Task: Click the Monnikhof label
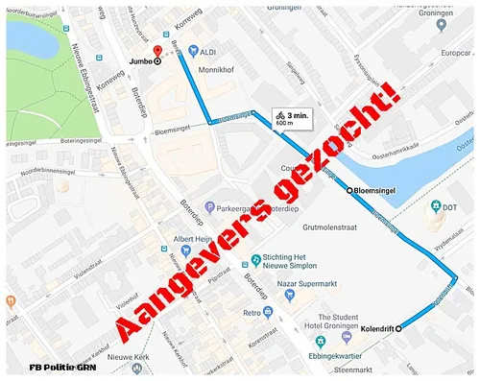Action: point(217,70)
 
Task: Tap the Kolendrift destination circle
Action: point(398,327)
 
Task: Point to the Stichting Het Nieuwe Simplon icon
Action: point(254,259)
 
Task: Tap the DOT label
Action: point(451,207)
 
